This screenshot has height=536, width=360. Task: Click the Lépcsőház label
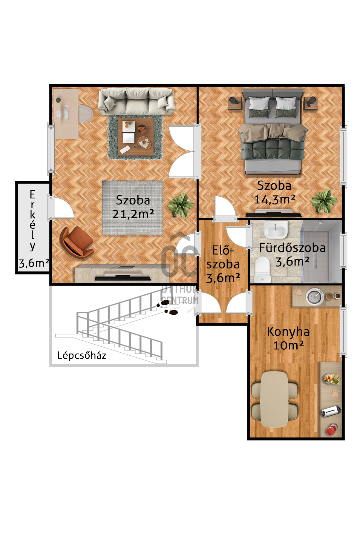(82, 355)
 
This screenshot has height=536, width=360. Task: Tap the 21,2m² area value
(133, 214)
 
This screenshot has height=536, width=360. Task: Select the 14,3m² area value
(275, 199)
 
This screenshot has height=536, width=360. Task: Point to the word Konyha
(288, 332)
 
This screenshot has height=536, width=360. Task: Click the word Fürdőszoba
(292, 248)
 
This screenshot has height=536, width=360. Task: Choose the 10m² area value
(288, 345)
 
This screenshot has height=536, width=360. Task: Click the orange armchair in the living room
(76, 242)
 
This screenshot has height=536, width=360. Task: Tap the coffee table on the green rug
(136, 137)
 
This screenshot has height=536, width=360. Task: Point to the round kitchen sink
(315, 296)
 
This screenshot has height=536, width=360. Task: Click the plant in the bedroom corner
(324, 201)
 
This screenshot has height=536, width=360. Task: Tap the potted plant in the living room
(180, 205)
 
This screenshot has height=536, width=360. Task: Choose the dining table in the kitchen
(275, 399)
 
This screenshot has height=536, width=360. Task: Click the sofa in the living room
(137, 102)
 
